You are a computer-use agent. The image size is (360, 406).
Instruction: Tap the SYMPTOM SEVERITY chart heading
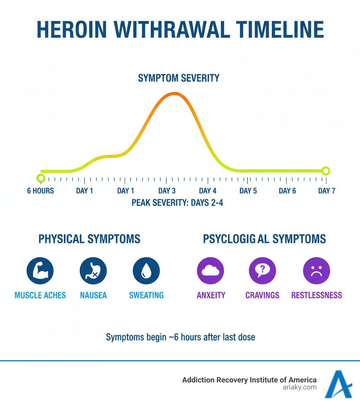click(x=179, y=78)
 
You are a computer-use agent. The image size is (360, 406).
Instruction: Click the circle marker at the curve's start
click(x=41, y=178)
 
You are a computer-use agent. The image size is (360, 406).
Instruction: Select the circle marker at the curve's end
click(x=326, y=171)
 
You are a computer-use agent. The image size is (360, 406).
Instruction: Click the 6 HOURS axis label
click(x=40, y=191)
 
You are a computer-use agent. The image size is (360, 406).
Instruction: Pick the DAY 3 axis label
click(x=167, y=191)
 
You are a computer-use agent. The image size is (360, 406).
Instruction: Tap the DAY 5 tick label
click(x=248, y=191)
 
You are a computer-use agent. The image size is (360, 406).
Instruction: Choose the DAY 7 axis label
click(x=327, y=191)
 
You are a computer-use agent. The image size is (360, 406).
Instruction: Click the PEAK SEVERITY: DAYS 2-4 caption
click(x=177, y=203)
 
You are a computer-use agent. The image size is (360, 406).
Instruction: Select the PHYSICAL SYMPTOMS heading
click(x=89, y=239)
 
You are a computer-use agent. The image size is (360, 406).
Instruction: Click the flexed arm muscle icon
click(x=40, y=271)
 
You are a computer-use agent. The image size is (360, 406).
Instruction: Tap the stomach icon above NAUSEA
click(x=93, y=271)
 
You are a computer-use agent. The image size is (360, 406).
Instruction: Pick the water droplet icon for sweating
click(x=146, y=271)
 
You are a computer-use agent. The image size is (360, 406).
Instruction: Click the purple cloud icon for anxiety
click(x=211, y=271)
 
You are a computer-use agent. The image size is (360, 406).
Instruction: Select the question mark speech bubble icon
click(x=262, y=271)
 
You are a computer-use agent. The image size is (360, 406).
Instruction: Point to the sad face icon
click(x=316, y=271)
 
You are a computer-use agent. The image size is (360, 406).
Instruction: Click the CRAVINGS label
click(x=262, y=295)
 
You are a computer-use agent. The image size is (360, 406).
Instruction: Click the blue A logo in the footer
click(x=338, y=384)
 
